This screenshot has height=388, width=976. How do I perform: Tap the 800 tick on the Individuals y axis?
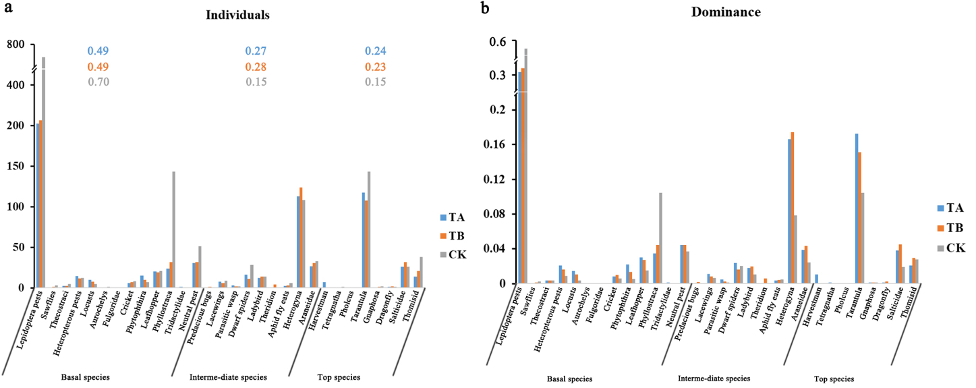point(16,45)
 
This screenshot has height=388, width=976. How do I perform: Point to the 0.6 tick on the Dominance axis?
point(501,42)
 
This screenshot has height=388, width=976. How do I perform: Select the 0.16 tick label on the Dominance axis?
point(498,144)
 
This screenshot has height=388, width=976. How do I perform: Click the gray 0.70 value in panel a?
point(98,82)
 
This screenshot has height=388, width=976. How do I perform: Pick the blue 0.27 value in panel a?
point(256,51)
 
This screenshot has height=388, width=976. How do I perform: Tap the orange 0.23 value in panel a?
point(375,67)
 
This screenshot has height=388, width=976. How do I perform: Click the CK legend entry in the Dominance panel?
point(949,248)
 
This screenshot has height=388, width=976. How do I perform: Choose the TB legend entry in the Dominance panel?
point(949,227)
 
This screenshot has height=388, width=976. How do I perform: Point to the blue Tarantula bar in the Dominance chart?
point(857,209)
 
